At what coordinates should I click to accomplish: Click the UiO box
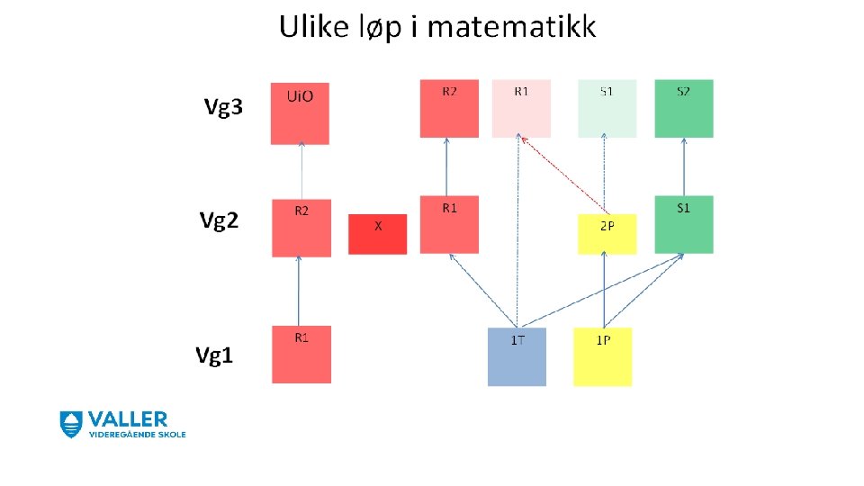pyautogui.click(x=300, y=113)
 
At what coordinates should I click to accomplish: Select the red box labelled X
pyautogui.click(x=377, y=233)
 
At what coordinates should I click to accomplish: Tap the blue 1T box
pyautogui.click(x=517, y=356)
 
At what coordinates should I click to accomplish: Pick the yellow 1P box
pyautogui.click(x=602, y=356)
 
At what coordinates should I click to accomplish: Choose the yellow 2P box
pyautogui.click(x=607, y=234)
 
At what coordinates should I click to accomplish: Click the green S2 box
pyautogui.click(x=684, y=109)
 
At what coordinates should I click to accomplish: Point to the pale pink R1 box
pyautogui.click(x=521, y=109)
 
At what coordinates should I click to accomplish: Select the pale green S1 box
pyautogui.click(x=607, y=109)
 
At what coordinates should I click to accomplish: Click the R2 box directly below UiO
pyautogui.click(x=301, y=229)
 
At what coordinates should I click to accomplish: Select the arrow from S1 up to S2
pyautogui.click(x=684, y=166)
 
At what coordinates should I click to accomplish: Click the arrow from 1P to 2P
pyautogui.click(x=604, y=290)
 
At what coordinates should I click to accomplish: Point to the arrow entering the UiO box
pyautogui.click(x=301, y=171)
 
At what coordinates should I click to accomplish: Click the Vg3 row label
pyautogui.click(x=222, y=109)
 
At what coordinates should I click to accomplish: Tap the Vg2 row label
pyautogui.click(x=219, y=220)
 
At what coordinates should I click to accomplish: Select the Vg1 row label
pyautogui.click(x=215, y=355)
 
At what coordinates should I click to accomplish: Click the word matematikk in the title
pyautogui.click(x=511, y=27)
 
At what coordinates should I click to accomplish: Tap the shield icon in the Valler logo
pyautogui.click(x=71, y=424)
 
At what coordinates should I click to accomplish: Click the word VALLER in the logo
pyautogui.click(x=127, y=419)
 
